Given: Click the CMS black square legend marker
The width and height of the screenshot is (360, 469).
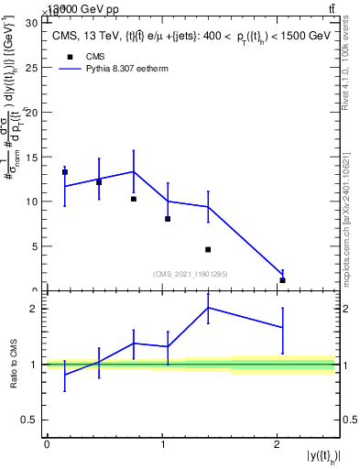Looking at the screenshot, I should click(66, 57).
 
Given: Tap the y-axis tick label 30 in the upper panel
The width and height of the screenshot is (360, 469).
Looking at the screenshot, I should click(32, 21).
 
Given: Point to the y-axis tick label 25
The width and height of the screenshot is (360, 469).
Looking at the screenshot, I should click(32, 66).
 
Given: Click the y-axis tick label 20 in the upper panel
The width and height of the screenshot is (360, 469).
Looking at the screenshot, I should click(32, 111).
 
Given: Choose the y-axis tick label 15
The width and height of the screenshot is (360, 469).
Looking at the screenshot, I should click(32, 156).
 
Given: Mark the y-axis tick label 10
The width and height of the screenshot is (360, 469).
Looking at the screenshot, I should click(32, 201).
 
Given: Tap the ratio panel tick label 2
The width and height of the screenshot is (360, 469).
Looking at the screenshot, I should click(36, 309).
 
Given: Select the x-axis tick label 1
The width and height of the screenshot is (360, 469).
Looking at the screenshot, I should click(162, 445).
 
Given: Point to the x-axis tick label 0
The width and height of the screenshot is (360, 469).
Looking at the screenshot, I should click(47, 445).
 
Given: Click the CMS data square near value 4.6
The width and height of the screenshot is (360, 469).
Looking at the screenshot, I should click(208, 249).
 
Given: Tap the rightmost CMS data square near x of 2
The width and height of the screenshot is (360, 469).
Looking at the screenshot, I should click(282, 280).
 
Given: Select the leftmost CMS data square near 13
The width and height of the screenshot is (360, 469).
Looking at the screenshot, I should click(65, 172).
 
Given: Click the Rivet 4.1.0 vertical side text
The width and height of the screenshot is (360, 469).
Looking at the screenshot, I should click(351, 73).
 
